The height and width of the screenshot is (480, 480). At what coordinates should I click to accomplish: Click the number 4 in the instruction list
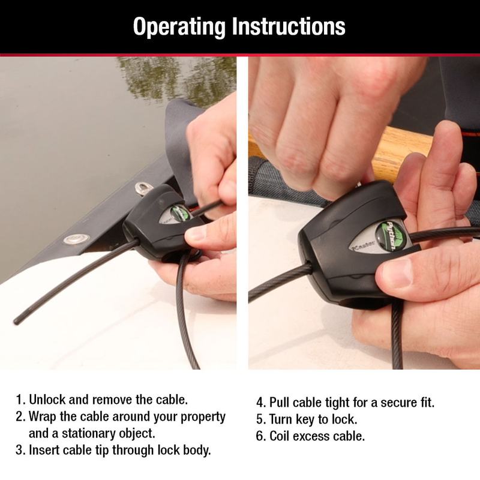260,402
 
